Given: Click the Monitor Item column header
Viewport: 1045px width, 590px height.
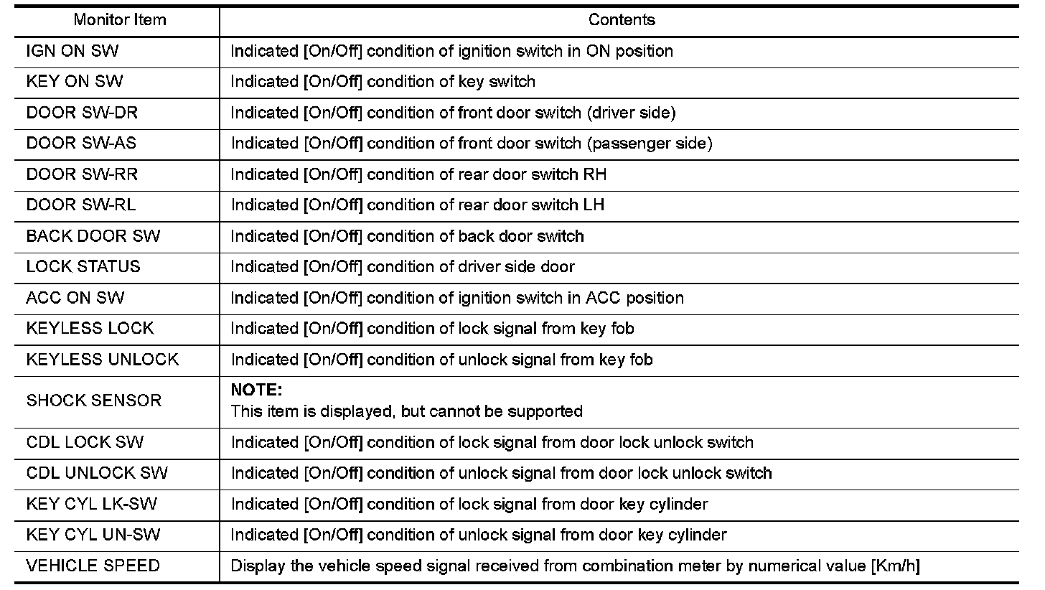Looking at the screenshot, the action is (x=120, y=20).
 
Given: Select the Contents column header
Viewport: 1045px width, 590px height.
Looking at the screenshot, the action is (x=622, y=20).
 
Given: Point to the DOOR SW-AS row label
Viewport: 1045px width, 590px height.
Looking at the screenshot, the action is (x=81, y=144).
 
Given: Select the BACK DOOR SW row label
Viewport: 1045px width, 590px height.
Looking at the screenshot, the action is (x=93, y=236).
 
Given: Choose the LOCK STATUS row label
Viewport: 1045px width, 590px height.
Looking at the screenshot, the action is (x=83, y=267).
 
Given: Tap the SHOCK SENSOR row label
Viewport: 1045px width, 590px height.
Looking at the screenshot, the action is (x=94, y=401).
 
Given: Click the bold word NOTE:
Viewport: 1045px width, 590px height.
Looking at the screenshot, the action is (x=257, y=390).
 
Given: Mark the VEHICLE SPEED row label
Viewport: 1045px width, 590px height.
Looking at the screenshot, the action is (x=93, y=566).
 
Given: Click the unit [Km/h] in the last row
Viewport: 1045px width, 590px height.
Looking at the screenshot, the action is (x=894, y=566).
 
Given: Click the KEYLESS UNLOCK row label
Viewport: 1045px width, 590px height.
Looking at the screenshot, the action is (x=103, y=360).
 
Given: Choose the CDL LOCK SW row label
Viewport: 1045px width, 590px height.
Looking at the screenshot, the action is (x=85, y=443).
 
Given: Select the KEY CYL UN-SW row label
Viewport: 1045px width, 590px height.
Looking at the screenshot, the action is (x=93, y=535).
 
